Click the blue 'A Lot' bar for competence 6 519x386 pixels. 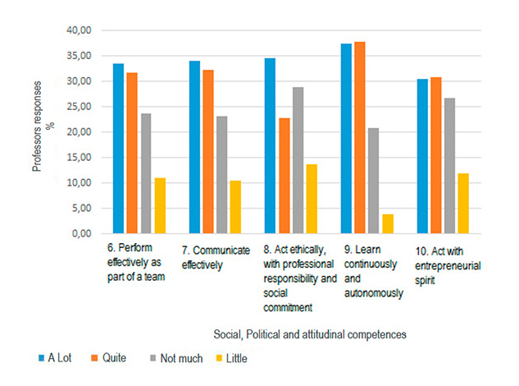(x=119, y=149)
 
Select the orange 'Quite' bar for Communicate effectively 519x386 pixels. (x=208, y=152)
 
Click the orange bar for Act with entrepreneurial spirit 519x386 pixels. (x=435, y=155)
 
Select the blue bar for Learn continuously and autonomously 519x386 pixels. (x=346, y=139)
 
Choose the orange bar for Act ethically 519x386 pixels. (x=285, y=176)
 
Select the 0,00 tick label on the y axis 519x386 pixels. (x=80, y=234)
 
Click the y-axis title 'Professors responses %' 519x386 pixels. (x=43, y=132)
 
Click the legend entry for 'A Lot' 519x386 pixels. (x=56, y=359)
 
